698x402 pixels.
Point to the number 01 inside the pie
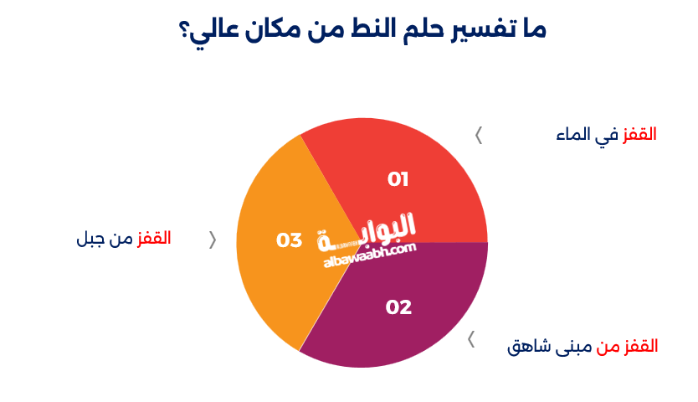point(398,179)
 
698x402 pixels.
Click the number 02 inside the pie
point(398,307)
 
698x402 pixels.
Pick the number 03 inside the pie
point(289,240)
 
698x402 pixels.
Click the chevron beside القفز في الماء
point(479,135)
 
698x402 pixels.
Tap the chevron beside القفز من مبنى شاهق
point(471,339)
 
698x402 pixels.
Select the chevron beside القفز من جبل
point(212,240)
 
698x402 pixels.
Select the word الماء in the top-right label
point(573,135)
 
